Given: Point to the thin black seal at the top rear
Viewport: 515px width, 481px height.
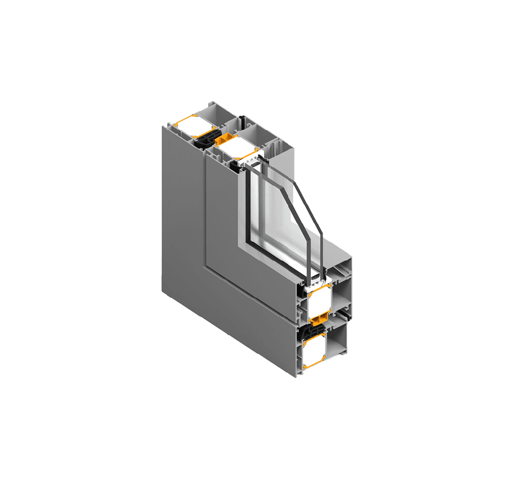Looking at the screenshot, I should click(x=243, y=121).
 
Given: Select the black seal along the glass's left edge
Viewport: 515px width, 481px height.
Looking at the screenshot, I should click(x=247, y=208).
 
